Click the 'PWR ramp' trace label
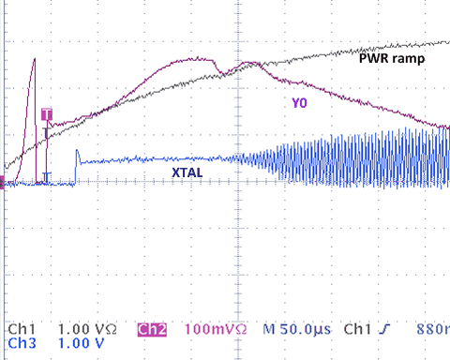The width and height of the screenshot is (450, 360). point(392,58)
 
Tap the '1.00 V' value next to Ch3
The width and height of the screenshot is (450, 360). point(81,344)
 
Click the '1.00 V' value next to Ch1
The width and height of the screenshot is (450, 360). point(81,330)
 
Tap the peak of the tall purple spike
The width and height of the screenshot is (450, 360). point(34,60)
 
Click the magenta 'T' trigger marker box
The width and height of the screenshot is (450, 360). point(47,114)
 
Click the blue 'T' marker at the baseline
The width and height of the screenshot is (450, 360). point(47,176)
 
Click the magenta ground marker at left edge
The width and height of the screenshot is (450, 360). point(4,184)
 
